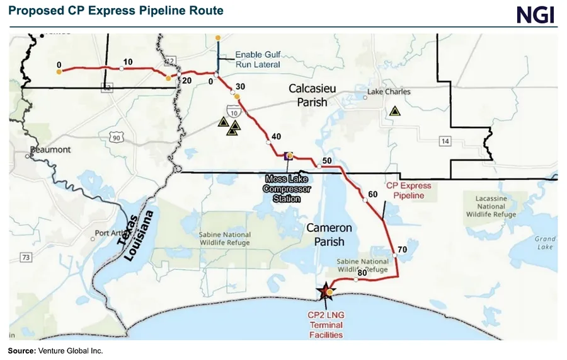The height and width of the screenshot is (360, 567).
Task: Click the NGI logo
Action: click(x=535, y=15)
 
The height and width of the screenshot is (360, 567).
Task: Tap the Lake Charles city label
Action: click(x=389, y=92)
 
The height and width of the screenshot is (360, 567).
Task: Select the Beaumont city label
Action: click(x=51, y=150)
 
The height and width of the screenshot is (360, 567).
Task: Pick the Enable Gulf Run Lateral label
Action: click(x=258, y=59)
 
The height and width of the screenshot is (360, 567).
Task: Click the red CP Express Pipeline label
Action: click(x=408, y=190)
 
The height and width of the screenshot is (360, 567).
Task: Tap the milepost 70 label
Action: click(x=403, y=250)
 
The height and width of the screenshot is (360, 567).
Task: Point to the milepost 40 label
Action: click(x=275, y=137)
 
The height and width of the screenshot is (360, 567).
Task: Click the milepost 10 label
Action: click(x=129, y=62)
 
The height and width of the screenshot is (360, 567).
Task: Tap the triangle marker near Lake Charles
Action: click(x=394, y=111)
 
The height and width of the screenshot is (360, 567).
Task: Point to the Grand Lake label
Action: click(x=545, y=243)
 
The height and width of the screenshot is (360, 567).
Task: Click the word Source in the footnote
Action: click(x=21, y=351)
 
